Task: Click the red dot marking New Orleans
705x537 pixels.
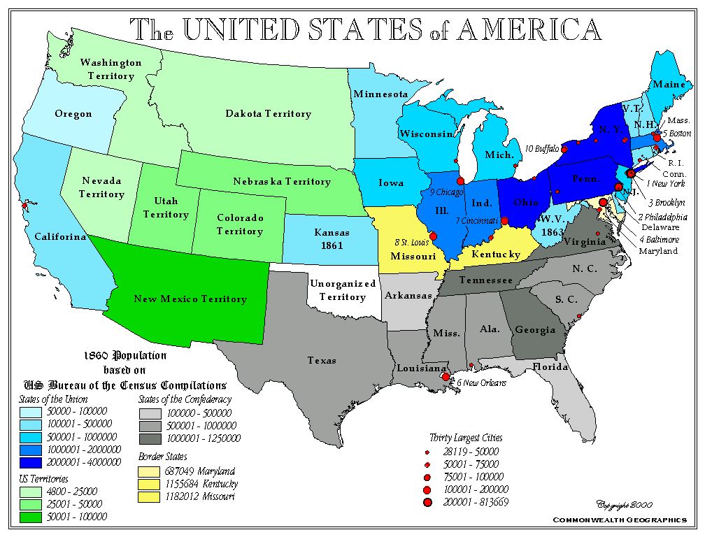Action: (446, 377)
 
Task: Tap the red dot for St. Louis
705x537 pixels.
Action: (432, 236)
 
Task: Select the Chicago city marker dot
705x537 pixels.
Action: (460, 181)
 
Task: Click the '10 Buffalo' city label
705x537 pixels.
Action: (542, 148)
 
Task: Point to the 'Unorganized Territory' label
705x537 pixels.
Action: (343, 290)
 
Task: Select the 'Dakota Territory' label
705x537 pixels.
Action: (268, 114)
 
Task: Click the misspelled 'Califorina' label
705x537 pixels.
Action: (61, 237)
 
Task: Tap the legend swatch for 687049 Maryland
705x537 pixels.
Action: (147, 471)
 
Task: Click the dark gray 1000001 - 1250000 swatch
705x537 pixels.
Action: (147, 438)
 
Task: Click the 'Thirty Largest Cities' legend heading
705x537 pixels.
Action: (466, 438)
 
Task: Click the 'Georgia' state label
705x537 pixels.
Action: (534, 330)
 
